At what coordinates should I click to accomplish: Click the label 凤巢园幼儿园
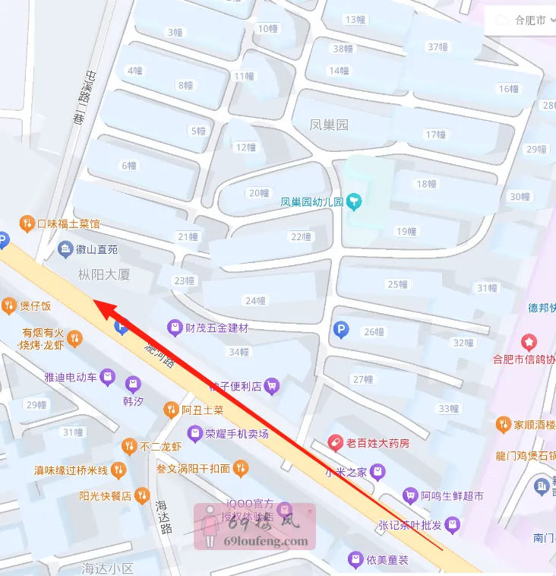312,203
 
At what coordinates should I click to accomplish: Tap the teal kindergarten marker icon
355,202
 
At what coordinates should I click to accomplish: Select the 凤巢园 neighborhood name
329,125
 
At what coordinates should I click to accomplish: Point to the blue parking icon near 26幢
341,330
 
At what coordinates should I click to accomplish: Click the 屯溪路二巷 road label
78,96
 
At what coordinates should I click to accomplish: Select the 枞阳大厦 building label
104,274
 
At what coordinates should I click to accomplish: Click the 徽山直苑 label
97,248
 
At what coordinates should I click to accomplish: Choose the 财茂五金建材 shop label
216,328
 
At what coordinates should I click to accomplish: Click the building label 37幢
438,46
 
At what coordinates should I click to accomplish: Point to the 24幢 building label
256,300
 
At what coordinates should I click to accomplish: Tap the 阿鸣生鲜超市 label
453,496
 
